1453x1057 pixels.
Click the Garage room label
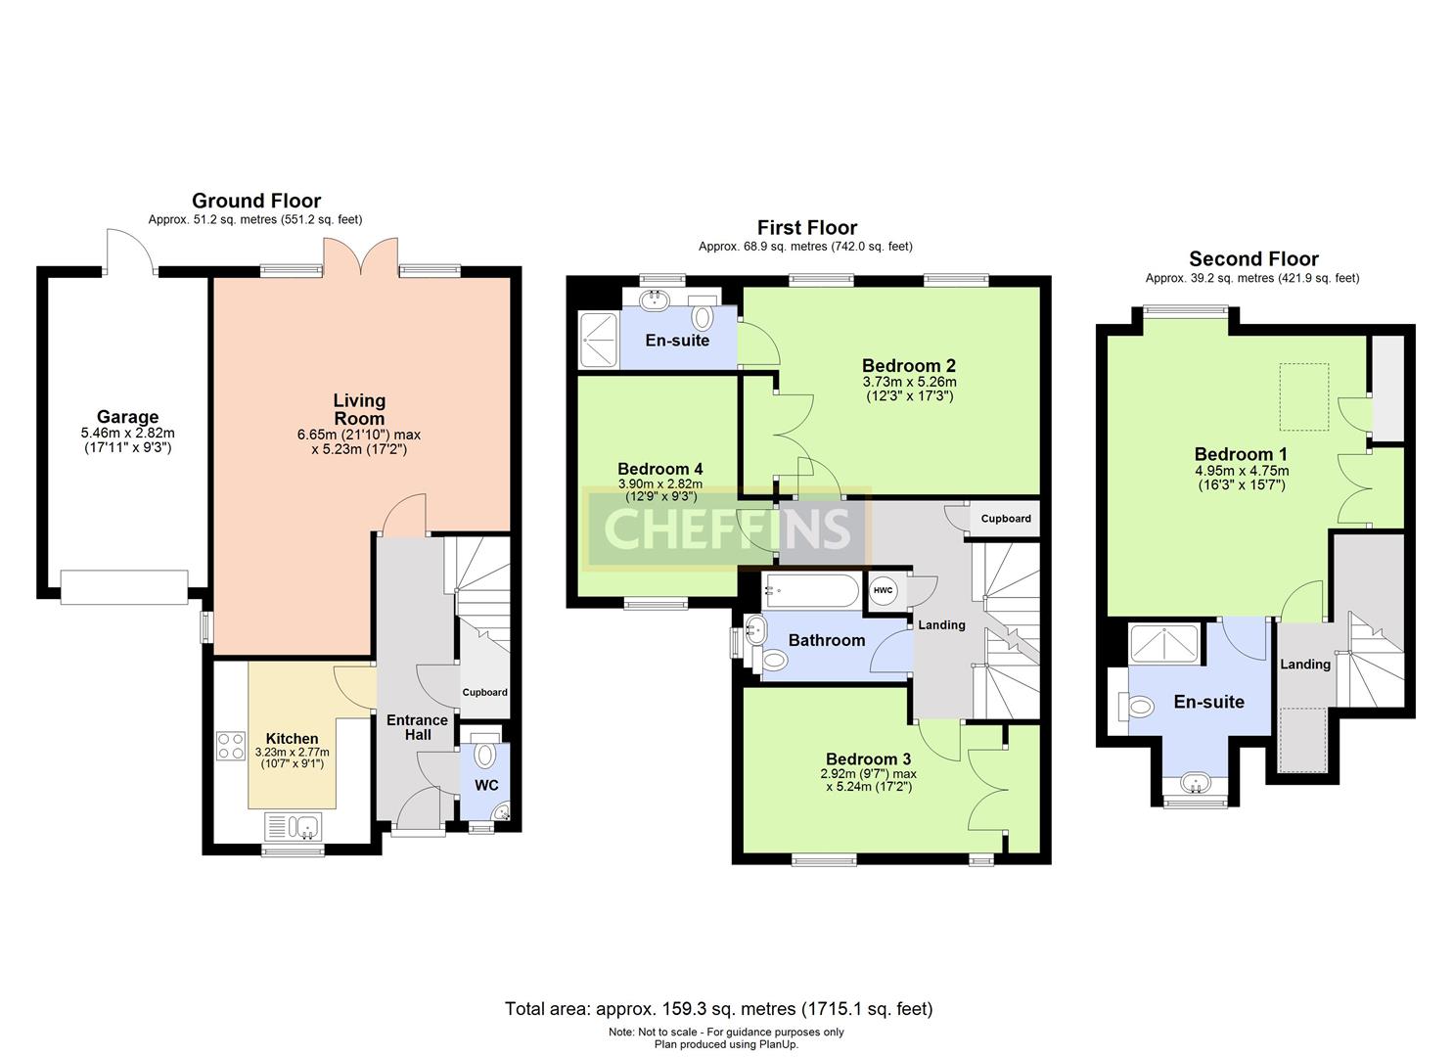128,417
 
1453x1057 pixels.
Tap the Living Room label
359,409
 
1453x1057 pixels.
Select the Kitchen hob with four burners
230,745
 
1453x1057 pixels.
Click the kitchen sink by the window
294,827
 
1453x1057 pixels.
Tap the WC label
486,786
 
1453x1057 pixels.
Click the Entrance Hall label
417,727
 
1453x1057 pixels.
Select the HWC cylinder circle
883,590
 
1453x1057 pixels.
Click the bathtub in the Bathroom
811,591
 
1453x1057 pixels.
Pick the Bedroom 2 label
909,365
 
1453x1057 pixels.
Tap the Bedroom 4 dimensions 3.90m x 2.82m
660,484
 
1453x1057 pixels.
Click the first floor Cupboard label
1006,519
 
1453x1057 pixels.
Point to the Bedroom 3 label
869,758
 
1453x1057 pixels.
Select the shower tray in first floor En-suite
598,341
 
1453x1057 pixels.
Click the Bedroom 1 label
1241,454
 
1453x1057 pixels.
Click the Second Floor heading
1253,259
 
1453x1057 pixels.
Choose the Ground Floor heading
256,201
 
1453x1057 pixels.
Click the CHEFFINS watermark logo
726,528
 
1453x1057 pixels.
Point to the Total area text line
719,1009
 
